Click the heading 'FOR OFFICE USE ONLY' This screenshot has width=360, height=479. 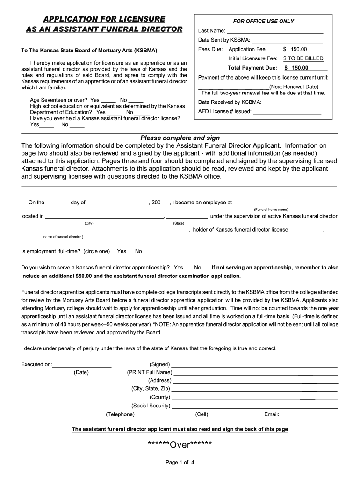(x=263, y=22)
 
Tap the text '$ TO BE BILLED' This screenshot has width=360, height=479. (x=303, y=59)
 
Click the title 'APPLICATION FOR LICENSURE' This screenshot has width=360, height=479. (x=104, y=19)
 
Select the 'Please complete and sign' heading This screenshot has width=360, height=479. (x=180, y=138)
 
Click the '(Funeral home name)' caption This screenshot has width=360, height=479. (x=271, y=209)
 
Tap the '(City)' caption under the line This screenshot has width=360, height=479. (x=89, y=223)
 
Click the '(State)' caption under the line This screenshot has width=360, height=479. (x=178, y=223)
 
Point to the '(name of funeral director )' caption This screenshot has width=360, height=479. (x=63, y=237)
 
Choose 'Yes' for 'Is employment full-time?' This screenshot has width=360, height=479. (x=122, y=251)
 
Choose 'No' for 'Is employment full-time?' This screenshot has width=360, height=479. (x=138, y=251)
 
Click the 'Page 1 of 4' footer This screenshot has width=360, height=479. (x=180, y=463)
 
